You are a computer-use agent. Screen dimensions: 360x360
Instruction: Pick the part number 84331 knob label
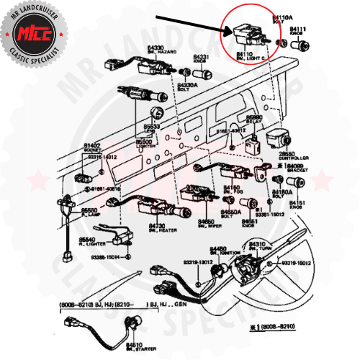point(201,58)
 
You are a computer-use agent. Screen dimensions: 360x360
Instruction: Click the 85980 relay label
point(254,119)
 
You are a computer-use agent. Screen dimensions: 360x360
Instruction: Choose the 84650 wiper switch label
point(207,223)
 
